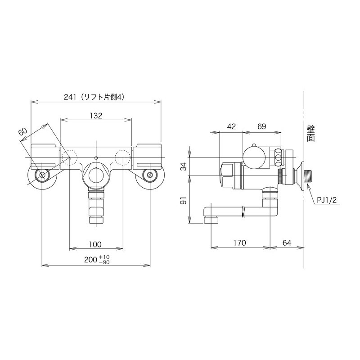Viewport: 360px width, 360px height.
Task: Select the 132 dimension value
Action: pyautogui.click(x=95, y=116)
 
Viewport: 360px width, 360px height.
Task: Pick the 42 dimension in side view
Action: pyautogui.click(x=231, y=127)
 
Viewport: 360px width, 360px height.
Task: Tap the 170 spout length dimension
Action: pyautogui.click(x=240, y=243)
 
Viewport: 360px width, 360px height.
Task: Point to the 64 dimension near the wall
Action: pyautogui.click(x=287, y=243)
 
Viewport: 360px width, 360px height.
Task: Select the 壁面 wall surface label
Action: pyautogui.click(x=310, y=134)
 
